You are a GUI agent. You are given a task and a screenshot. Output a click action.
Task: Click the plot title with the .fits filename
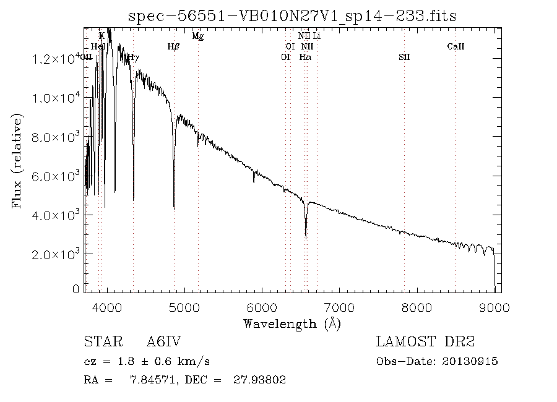click(292, 16)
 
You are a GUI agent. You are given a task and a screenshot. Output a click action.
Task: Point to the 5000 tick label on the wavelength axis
click(184, 307)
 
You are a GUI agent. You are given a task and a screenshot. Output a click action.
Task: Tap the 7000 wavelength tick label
click(339, 307)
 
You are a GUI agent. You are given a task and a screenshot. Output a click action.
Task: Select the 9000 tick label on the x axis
click(494, 307)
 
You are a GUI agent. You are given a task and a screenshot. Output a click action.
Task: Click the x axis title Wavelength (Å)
click(292, 323)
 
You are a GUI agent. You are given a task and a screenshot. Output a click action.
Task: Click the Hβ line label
click(174, 46)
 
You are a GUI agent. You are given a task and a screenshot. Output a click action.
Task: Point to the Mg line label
click(198, 36)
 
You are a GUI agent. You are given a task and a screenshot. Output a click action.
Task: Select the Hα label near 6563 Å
click(305, 57)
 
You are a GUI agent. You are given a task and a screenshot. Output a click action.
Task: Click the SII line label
click(404, 57)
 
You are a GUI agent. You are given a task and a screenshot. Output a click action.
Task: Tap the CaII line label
click(456, 46)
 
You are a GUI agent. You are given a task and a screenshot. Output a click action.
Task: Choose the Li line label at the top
click(317, 36)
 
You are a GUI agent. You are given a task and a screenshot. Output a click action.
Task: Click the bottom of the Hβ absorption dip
click(174, 208)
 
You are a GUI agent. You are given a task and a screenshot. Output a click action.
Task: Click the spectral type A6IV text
click(163, 342)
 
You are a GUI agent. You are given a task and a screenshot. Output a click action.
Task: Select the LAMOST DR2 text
click(425, 342)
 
